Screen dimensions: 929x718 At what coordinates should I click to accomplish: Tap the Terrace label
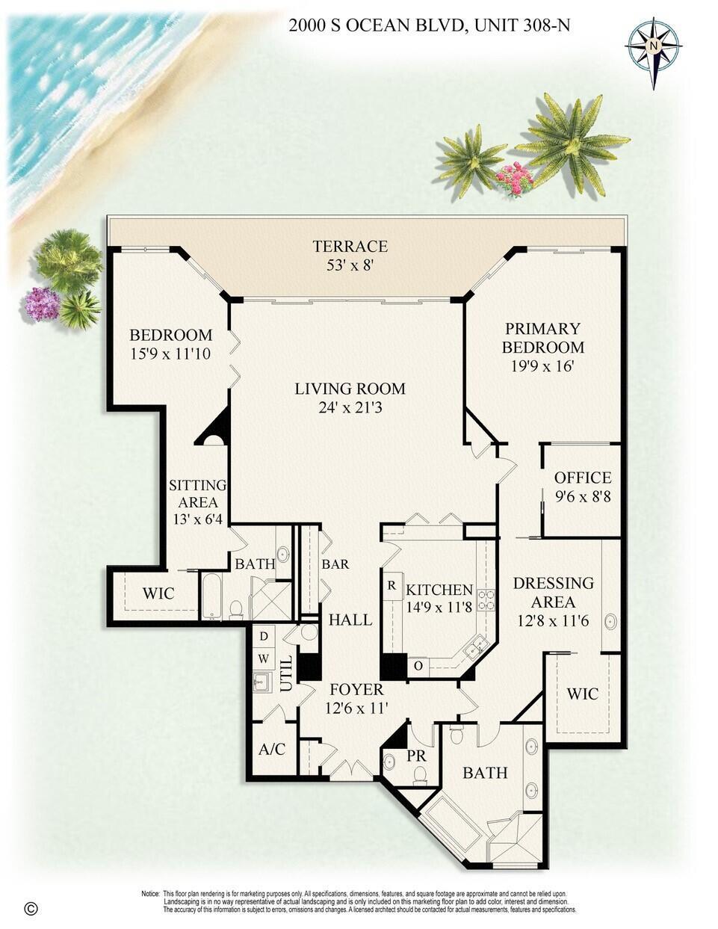tap(350, 247)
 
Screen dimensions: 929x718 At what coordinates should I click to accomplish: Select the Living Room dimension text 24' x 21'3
tap(350, 407)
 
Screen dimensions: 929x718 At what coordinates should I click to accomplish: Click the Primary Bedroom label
tap(542, 338)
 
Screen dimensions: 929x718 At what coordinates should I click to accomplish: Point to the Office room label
tap(582, 478)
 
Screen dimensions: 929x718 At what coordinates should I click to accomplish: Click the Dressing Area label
tap(553, 592)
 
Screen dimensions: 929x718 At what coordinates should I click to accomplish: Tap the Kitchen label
tap(439, 590)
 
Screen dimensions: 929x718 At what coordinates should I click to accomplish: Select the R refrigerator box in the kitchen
tap(392, 586)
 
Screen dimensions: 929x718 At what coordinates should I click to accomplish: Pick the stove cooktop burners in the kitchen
tap(486, 599)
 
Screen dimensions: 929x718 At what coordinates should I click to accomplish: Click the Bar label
tap(335, 564)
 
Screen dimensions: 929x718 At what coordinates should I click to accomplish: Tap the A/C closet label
tap(272, 749)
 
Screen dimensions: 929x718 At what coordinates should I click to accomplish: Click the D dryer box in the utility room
tap(264, 637)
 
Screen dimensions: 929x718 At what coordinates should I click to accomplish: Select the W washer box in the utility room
tap(264, 658)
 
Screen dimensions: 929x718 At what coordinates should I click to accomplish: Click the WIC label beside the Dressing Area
tap(582, 694)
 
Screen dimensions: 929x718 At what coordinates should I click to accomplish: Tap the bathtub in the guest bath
tap(211, 596)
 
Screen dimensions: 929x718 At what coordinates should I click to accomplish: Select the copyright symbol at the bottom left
tap(31, 909)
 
